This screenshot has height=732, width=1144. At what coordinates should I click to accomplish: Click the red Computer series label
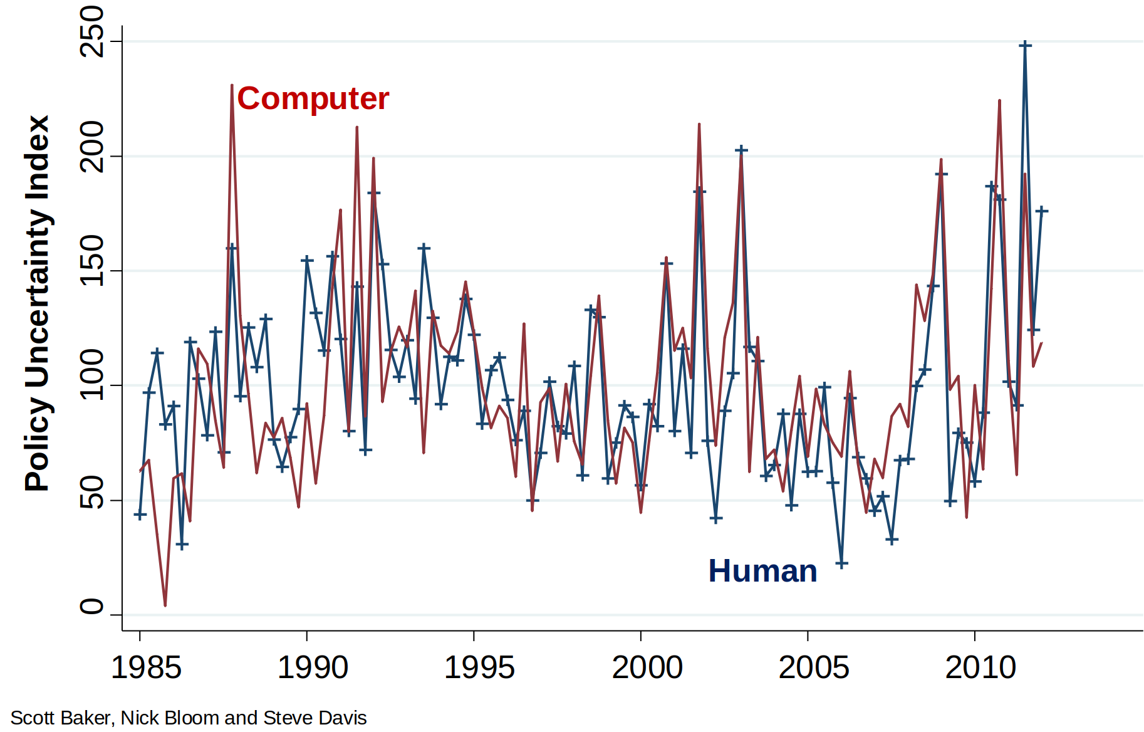313,99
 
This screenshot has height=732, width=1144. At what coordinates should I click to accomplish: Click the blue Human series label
762,571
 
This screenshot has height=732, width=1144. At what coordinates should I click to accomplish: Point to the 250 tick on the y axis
93,31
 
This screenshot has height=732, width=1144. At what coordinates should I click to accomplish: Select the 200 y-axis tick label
93,146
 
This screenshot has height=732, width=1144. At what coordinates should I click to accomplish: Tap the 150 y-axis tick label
93,261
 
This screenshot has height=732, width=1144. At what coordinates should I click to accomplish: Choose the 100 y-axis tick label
93,375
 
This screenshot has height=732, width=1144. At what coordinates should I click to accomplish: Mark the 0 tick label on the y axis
93,606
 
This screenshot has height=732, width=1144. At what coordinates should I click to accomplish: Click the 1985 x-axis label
146,667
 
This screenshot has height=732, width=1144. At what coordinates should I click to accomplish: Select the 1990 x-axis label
313,667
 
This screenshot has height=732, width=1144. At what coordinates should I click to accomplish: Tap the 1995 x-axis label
479,667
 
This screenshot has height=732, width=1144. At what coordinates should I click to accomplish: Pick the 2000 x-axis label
647,667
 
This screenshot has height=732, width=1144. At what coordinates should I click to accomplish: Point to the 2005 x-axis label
813,667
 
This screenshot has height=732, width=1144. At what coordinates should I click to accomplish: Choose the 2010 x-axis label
980,667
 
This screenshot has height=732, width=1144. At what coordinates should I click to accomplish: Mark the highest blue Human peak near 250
1025,45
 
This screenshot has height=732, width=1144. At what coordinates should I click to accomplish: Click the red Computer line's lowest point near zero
165,605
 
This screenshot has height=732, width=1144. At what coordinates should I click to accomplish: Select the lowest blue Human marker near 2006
841,563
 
